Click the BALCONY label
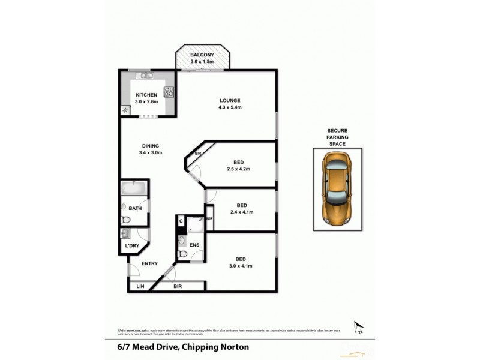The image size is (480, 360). coord(202,55)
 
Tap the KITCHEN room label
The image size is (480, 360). coord(146,95)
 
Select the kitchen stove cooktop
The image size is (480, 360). coord(169,92)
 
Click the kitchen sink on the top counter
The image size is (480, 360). coord(145,76)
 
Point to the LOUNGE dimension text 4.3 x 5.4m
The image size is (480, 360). coord(230,107)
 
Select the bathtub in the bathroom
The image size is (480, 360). coord(133,188)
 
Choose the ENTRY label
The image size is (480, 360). coord(149,263)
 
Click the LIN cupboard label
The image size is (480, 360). coord(140,287)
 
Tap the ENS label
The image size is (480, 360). coord(194,245)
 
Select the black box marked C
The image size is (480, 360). coord(181,221)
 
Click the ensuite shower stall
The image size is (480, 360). coord(195,224)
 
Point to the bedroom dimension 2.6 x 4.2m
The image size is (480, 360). coord(238,169)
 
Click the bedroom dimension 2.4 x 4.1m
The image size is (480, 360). coord(242,212)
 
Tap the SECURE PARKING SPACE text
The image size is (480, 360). coord(337,137)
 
